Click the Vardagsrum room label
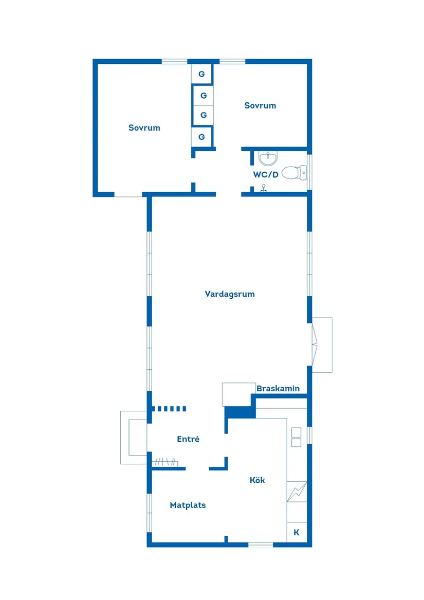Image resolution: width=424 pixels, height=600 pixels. pos(230,295)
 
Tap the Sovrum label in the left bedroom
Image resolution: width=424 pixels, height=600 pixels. pos(144,128)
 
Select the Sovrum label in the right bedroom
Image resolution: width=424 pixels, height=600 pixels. pos(260,106)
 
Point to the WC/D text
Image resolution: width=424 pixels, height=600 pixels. pos(266,175)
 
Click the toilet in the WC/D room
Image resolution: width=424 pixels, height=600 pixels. pos(293,172)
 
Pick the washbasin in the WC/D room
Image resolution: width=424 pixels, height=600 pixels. pos(268,157)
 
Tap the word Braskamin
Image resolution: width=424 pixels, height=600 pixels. pos(278,389)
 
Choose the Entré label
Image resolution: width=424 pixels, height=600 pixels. pos(188,440)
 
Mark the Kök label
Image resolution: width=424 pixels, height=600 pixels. pos(257,480)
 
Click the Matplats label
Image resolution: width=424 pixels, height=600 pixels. pos(188,505)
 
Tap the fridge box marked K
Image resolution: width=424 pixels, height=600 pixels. pos(297,533)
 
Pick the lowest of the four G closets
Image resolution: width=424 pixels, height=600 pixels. pos(201,137)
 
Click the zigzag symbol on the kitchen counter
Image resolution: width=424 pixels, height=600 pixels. pos(297,492)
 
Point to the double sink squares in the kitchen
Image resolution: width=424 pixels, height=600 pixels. pos(296,437)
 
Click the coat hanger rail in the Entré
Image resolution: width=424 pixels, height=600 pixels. pos(165,462)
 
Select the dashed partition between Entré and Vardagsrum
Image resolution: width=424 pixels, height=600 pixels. pos(169,409)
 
